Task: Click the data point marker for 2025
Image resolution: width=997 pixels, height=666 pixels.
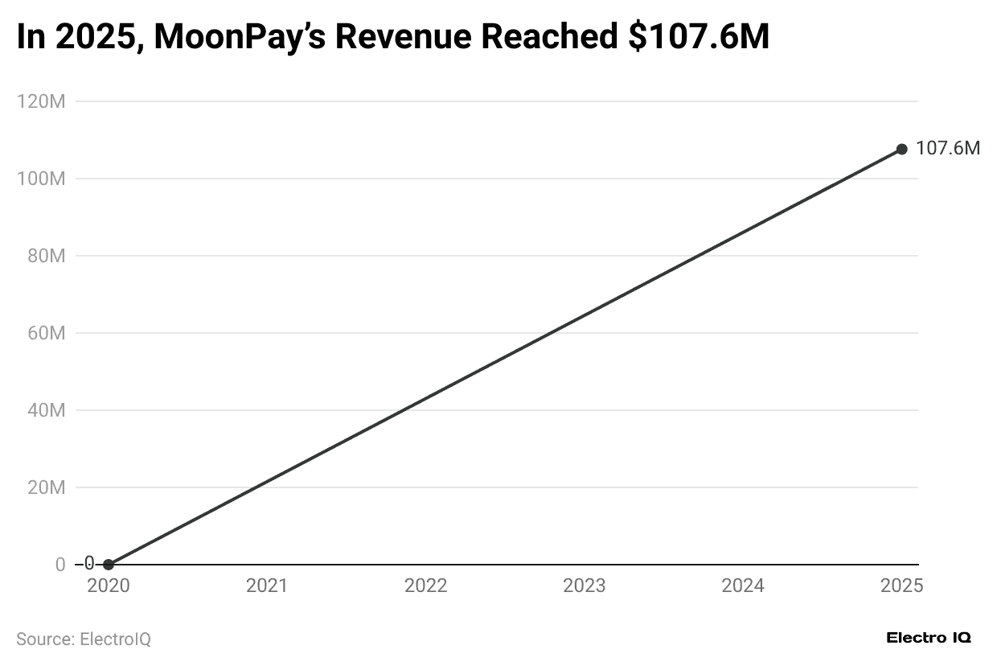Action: point(901,149)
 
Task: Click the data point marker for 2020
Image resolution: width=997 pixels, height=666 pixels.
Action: point(109,565)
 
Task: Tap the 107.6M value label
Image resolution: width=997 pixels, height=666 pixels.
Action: point(948,149)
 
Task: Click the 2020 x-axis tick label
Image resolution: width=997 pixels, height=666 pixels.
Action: point(109,586)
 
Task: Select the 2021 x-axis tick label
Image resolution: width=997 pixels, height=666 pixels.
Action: point(267,586)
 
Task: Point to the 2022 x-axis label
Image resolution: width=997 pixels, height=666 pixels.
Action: point(425,586)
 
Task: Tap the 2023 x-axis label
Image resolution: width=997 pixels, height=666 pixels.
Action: point(585,586)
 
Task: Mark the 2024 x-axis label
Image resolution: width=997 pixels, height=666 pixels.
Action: point(743,586)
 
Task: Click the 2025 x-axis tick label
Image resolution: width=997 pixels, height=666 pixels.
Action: point(901,586)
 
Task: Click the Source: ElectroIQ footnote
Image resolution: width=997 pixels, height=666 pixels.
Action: point(84,639)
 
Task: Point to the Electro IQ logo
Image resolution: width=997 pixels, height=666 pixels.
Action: point(929,638)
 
